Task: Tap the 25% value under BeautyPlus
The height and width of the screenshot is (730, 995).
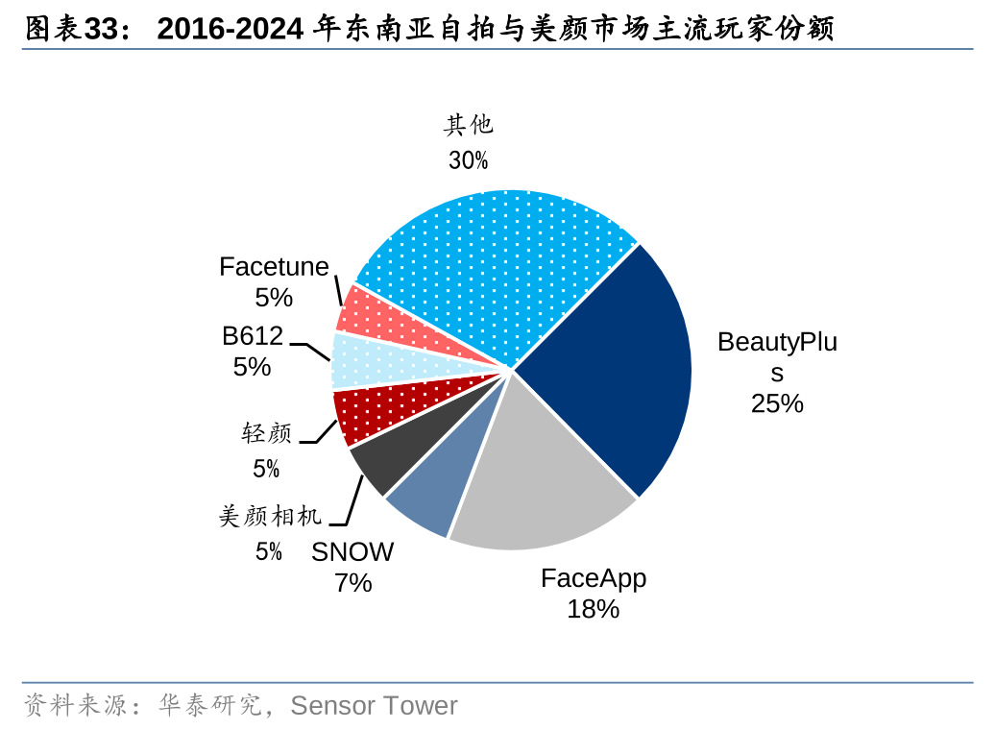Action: [777, 403]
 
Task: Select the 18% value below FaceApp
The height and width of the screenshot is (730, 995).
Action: [593, 609]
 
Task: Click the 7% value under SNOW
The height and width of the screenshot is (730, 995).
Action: [352, 582]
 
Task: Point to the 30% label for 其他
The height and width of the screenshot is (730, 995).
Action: [468, 160]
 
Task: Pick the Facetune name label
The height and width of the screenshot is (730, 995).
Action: [274, 266]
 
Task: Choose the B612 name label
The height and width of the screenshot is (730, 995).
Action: [253, 335]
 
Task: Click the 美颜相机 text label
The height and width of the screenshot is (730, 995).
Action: [271, 517]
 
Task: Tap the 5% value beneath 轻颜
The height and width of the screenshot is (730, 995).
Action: [266, 469]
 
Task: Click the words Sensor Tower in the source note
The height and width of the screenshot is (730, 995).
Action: [374, 706]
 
